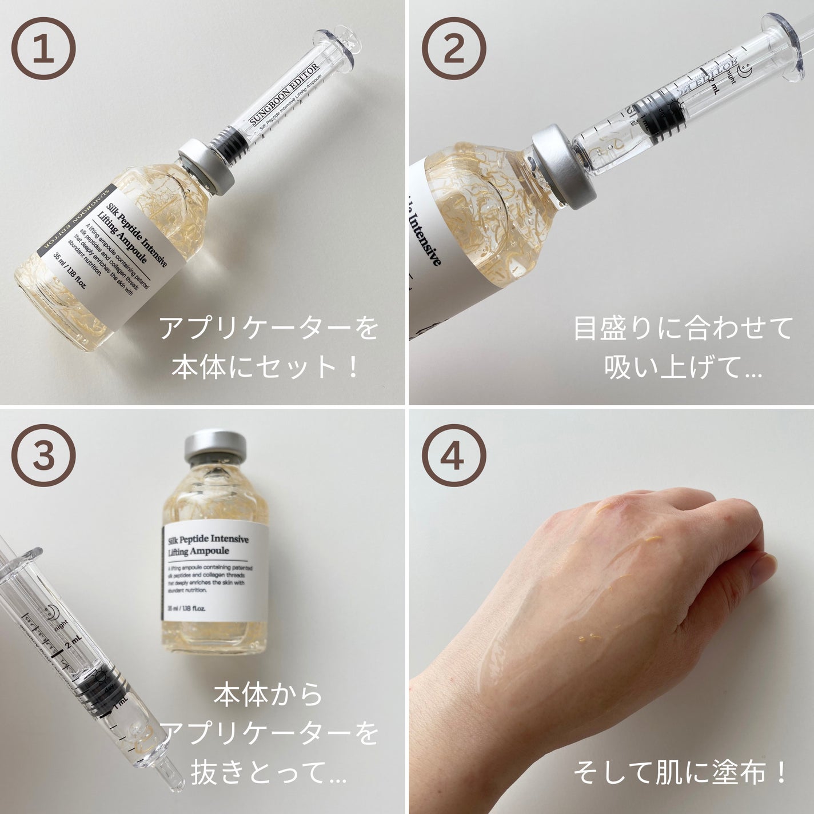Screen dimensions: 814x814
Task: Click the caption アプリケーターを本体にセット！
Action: click(269, 348)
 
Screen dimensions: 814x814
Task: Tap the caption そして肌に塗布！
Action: click(680, 775)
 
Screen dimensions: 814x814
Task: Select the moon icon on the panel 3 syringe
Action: click(53, 611)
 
